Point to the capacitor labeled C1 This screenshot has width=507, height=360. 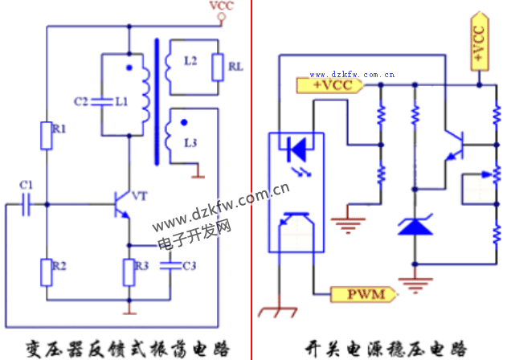(26, 205)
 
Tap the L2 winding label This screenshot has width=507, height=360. (190, 62)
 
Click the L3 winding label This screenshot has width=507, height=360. (190, 142)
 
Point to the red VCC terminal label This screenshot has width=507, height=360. (221, 6)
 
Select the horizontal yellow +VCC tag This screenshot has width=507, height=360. (331, 83)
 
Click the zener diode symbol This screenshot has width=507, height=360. (415, 224)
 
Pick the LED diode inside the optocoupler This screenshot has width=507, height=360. (296, 147)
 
